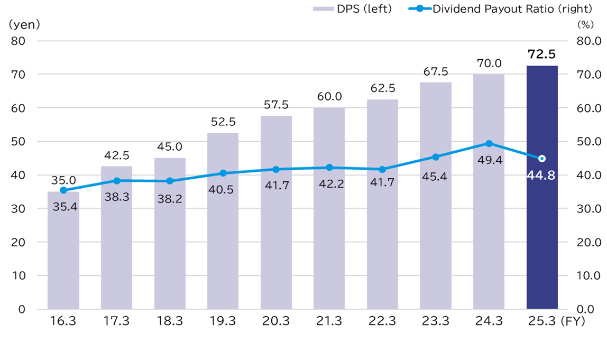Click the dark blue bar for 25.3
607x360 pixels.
(x=542, y=211)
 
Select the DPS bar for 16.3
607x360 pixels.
(x=63, y=254)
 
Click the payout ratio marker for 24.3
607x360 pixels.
(x=489, y=143)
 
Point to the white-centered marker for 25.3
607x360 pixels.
(x=542, y=159)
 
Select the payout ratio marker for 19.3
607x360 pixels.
(x=223, y=173)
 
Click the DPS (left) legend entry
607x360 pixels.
(x=353, y=9)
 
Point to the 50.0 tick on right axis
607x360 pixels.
(x=588, y=142)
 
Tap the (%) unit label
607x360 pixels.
(x=585, y=24)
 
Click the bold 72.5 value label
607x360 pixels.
(x=541, y=54)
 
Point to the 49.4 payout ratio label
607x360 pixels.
(x=489, y=160)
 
